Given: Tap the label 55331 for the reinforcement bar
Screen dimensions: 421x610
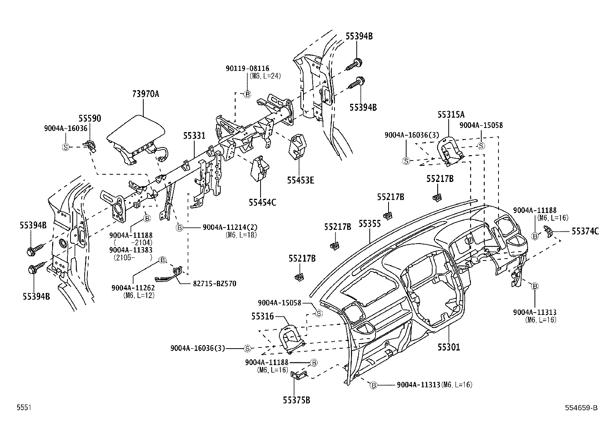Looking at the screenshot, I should [x=194, y=136].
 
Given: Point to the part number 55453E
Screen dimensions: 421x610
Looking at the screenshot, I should [x=300, y=180].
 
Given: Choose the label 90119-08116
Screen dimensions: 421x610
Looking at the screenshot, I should [x=253, y=68].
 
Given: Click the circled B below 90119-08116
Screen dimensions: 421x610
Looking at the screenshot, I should [x=247, y=94].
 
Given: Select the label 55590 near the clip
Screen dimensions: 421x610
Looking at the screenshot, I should [x=90, y=119].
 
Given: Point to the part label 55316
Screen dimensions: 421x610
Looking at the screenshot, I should [x=262, y=316].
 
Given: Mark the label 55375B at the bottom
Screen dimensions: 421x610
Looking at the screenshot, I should [x=297, y=400].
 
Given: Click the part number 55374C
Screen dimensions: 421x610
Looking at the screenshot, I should [x=585, y=231].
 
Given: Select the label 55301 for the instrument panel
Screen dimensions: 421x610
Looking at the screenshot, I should [x=449, y=347].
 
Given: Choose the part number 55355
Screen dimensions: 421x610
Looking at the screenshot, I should [x=369, y=224].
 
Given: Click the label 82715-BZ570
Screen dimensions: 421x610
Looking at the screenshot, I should [x=214, y=284].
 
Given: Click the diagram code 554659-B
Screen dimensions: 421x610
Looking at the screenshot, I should [x=580, y=408].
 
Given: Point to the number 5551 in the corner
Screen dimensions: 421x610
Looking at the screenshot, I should [x=23, y=408].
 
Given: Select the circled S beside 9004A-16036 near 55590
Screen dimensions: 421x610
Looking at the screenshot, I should [x=66, y=147].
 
